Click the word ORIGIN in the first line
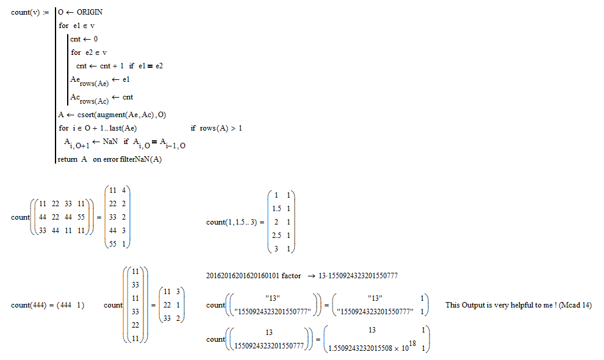tap(89, 12)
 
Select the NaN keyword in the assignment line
tap(110, 142)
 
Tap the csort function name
tap(86, 115)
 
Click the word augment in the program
tap(110, 115)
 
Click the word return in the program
tap(67, 159)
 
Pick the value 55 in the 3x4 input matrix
tap(81, 217)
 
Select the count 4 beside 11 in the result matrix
tap(124, 190)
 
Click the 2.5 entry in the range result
tap(276, 235)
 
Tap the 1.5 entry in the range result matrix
tap(276, 209)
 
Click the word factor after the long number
tap(291, 276)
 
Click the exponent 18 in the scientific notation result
tap(412, 343)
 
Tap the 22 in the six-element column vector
tap(135, 325)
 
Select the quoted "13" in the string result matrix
tap(375, 298)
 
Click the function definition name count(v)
tap(26, 12)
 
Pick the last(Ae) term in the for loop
tap(123, 128)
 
